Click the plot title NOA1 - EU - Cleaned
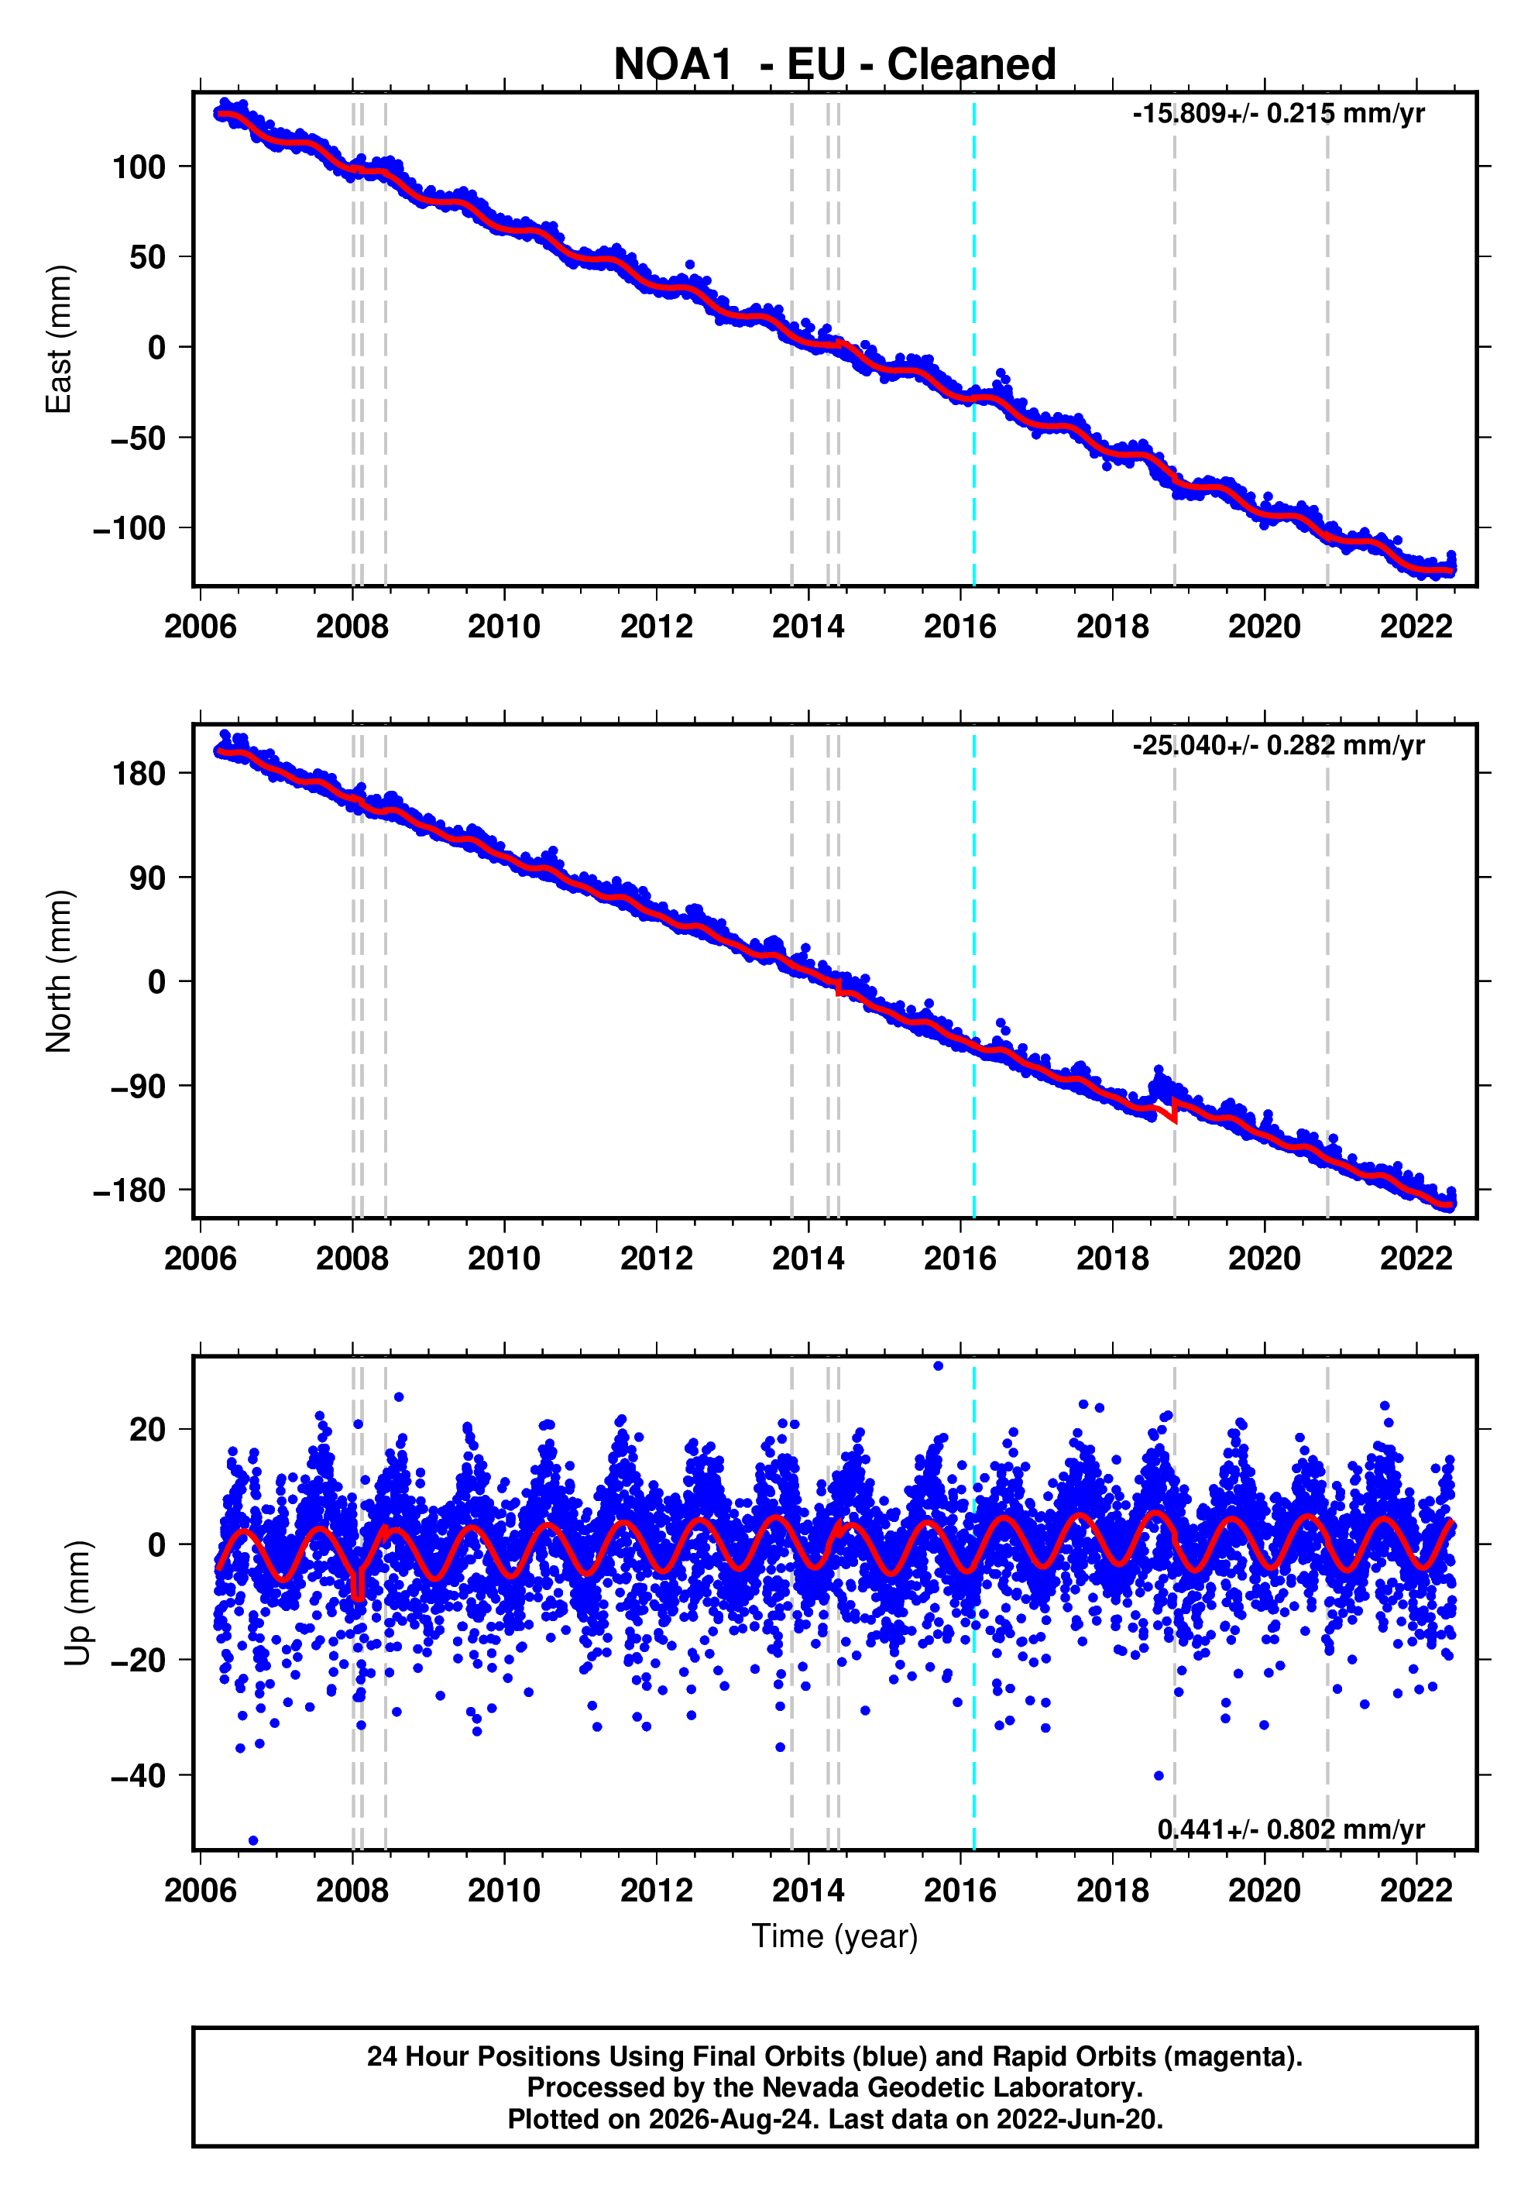(x=835, y=64)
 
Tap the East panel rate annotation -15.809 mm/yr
(x=1278, y=114)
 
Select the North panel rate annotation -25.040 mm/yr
(x=1278, y=746)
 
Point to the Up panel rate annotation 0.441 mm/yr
(x=1290, y=1829)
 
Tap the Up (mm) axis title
(x=78, y=1603)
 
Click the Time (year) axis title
(x=835, y=1937)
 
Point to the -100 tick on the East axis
(x=129, y=527)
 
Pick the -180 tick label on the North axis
(x=129, y=1190)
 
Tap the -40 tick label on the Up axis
(x=139, y=1775)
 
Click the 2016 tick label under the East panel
(x=960, y=627)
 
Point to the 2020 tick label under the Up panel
(x=1264, y=1891)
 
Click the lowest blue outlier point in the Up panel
(x=253, y=1840)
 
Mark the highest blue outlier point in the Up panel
(x=938, y=1366)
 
